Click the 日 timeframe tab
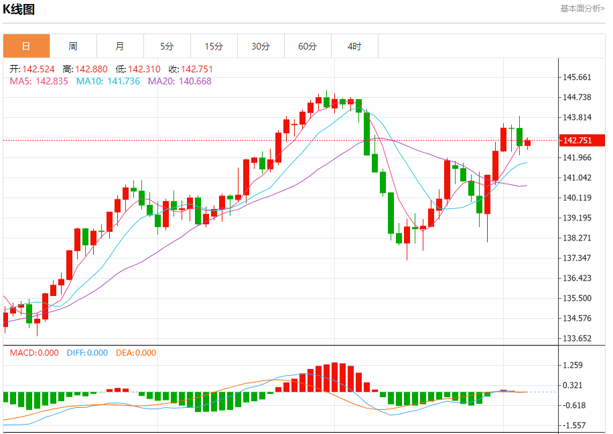pyautogui.click(x=26, y=46)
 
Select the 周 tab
pyautogui.click(x=73, y=46)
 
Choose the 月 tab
pyautogui.click(x=120, y=46)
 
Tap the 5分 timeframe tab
pyautogui.click(x=167, y=46)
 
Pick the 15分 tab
pyautogui.click(x=214, y=46)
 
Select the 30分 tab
pyautogui.click(x=261, y=46)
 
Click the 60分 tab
pyautogui.click(x=308, y=46)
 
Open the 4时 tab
pyautogui.click(x=354, y=46)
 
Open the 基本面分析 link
pyautogui.click(x=582, y=8)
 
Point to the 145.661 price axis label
pyautogui.click(x=577, y=77)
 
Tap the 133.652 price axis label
pyautogui.click(x=577, y=338)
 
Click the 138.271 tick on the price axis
pyautogui.click(x=577, y=238)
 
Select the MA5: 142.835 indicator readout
pyautogui.click(x=39, y=81)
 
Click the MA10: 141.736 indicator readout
pyautogui.click(x=108, y=81)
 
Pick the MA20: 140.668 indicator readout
pyautogui.click(x=180, y=81)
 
